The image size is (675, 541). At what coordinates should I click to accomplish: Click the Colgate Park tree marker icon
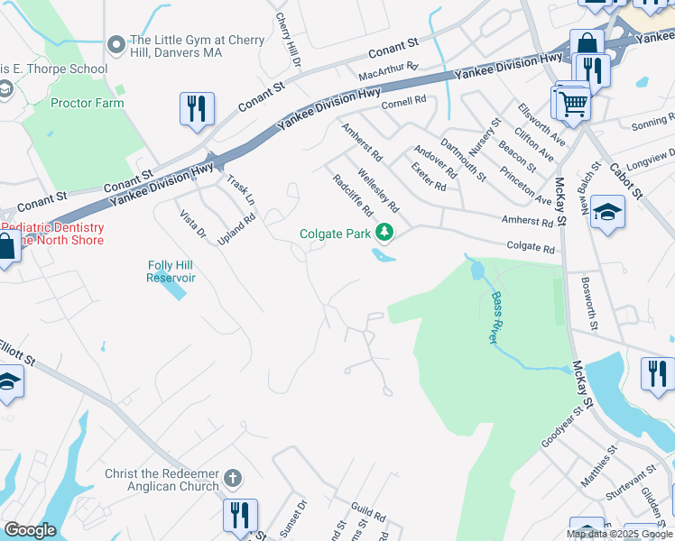[x=385, y=234]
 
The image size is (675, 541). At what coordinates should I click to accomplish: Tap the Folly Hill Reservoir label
[x=171, y=271]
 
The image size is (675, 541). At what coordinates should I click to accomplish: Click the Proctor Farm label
[x=87, y=104]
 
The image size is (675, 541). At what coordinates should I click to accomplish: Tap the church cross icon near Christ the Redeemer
[x=232, y=478]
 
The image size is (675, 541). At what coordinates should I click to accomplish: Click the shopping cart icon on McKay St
[x=572, y=102]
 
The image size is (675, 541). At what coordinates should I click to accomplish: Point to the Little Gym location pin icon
[x=116, y=44]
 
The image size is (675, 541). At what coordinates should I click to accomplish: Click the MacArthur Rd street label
[x=389, y=67]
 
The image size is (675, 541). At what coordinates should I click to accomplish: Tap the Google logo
[x=30, y=530]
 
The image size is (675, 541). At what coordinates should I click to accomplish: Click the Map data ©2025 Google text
[x=619, y=534]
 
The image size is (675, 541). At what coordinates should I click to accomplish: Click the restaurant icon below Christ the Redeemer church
[x=240, y=516]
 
